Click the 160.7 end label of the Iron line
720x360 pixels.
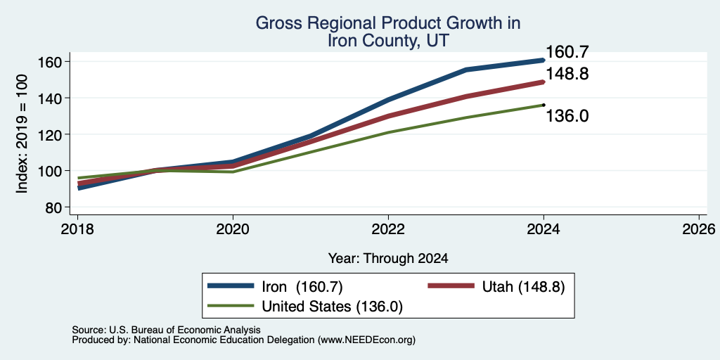pyautogui.click(x=567, y=52)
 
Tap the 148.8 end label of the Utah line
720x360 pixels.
pyautogui.click(x=567, y=74)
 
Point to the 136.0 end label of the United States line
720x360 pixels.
pyautogui.click(x=567, y=116)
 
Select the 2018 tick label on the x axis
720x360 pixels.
pyautogui.click(x=77, y=229)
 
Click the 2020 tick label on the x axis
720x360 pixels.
pyautogui.click(x=233, y=229)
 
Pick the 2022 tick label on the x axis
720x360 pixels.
pyautogui.click(x=388, y=229)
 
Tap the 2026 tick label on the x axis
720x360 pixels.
pyautogui.click(x=699, y=229)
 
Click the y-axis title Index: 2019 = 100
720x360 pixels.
pyautogui.click(x=22, y=134)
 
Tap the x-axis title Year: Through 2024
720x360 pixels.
pyautogui.click(x=388, y=259)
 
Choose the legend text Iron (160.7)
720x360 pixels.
pyautogui.click(x=302, y=287)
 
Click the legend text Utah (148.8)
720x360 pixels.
pyautogui.click(x=523, y=287)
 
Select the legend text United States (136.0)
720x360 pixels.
pyautogui.click(x=332, y=306)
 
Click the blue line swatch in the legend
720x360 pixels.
pyautogui.click(x=231, y=285)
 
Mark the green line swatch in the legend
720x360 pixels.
pyautogui.click(x=231, y=305)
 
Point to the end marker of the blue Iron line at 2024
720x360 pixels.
pyautogui.click(x=544, y=60)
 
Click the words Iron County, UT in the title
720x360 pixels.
pyautogui.click(x=388, y=41)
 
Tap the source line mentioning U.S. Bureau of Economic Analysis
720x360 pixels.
pyautogui.click(x=166, y=330)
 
